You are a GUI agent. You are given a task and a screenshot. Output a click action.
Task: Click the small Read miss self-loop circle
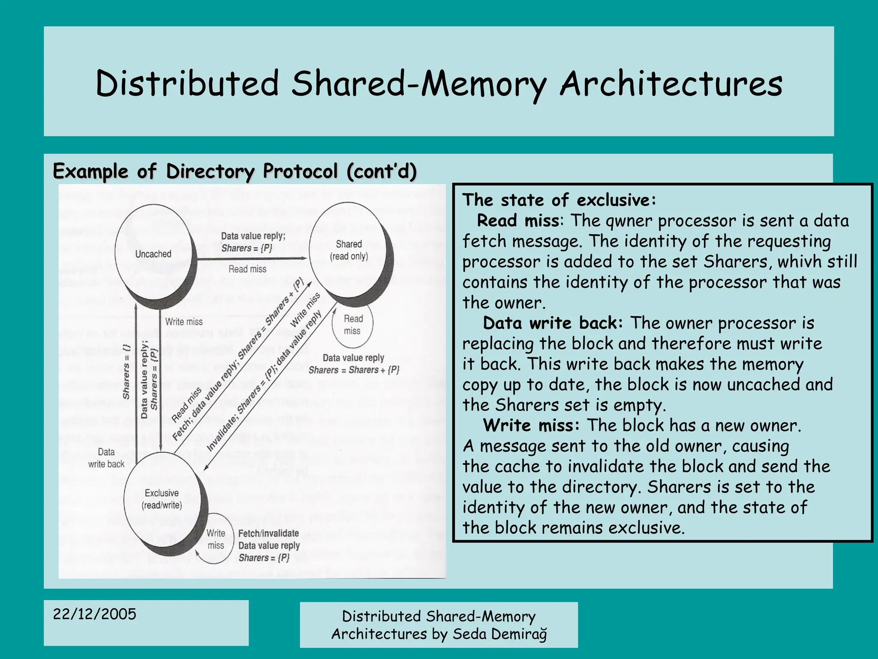tap(352, 325)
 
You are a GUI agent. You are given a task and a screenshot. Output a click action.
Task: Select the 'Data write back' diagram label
tap(106, 458)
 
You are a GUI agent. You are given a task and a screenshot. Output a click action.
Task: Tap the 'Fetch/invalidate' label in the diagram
tap(268, 533)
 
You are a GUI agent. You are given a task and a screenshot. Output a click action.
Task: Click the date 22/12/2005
tap(94, 614)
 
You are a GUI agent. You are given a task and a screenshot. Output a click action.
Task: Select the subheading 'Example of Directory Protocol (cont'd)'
tap(235, 171)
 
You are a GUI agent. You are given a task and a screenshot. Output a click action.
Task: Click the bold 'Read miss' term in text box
tap(518, 221)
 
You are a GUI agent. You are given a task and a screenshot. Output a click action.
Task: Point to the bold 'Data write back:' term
tap(552, 323)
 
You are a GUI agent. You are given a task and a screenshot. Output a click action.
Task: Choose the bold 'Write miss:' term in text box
tap(531, 425)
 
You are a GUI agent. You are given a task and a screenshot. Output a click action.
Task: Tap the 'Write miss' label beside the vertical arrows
tap(184, 322)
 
